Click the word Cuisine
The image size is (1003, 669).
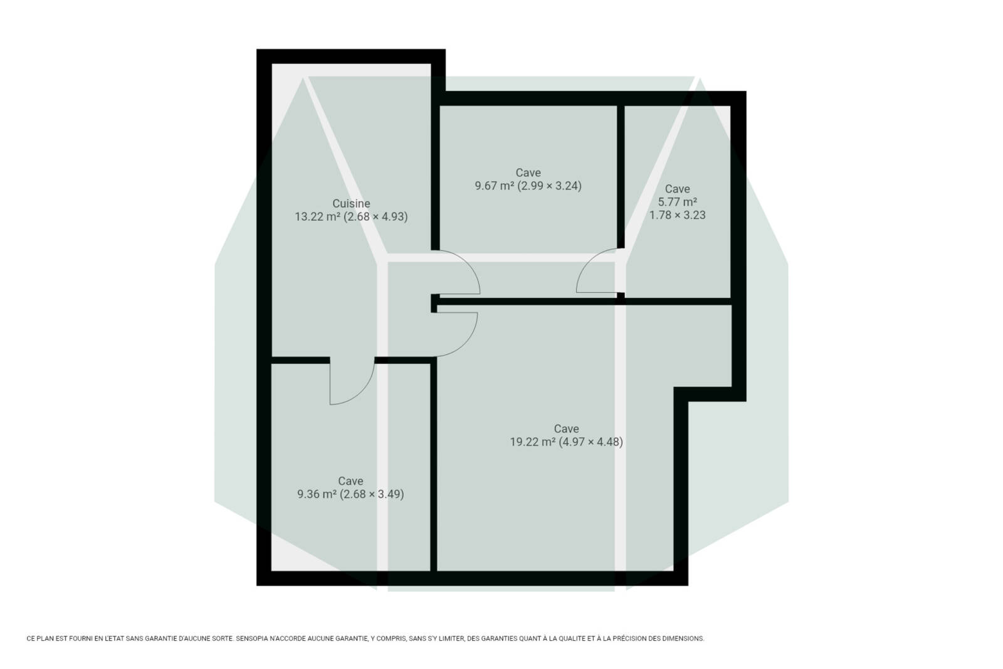[351, 203]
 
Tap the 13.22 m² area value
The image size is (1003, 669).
[317, 217]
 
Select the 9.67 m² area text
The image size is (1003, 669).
[495, 186]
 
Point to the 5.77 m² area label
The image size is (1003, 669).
[678, 202]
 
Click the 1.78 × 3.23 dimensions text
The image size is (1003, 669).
[678, 216]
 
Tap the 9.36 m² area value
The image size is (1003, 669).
[317, 494]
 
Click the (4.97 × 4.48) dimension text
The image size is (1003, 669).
[591, 442]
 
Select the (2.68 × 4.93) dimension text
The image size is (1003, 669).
[375, 217]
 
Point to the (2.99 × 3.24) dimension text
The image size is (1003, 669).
[549, 186]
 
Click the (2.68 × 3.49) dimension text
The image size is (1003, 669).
[372, 494]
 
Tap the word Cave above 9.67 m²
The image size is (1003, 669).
[528, 172]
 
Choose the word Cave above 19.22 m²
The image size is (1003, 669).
[567, 428]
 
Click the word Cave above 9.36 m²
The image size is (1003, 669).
[350, 481]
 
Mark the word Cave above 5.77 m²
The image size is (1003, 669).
[678, 189]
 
